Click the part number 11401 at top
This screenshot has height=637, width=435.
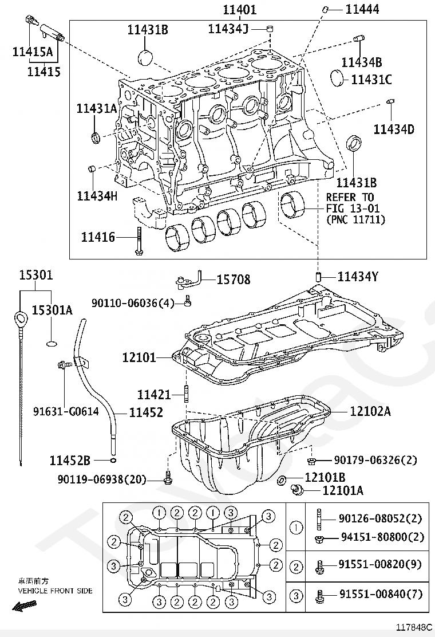pyautogui.click(x=240, y=9)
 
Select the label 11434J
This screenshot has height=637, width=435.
pyautogui.click(x=228, y=29)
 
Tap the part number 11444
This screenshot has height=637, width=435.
pyautogui.click(x=362, y=9)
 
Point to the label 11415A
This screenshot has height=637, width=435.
pyautogui.click(x=33, y=52)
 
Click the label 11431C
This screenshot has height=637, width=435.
pyautogui.click(x=371, y=80)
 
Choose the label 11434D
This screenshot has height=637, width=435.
pyautogui.click(x=394, y=129)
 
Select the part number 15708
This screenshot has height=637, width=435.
pyautogui.click(x=234, y=280)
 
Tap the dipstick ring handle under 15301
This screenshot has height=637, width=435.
pyautogui.click(x=18, y=317)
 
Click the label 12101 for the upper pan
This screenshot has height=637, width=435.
pyautogui.click(x=139, y=357)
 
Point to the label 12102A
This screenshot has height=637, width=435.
pyautogui.click(x=370, y=411)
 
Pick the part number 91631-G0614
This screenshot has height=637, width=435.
pyautogui.click(x=66, y=411)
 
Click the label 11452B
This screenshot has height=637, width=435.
pyautogui.click(x=70, y=461)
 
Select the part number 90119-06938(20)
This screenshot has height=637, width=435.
pyautogui.click(x=102, y=479)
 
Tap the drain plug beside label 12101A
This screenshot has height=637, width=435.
pyautogui.click(x=298, y=490)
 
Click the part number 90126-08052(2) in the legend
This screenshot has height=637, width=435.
pyautogui.click(x=380, y=518)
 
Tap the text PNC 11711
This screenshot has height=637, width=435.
pyautogui.click(x=355, y=220)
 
